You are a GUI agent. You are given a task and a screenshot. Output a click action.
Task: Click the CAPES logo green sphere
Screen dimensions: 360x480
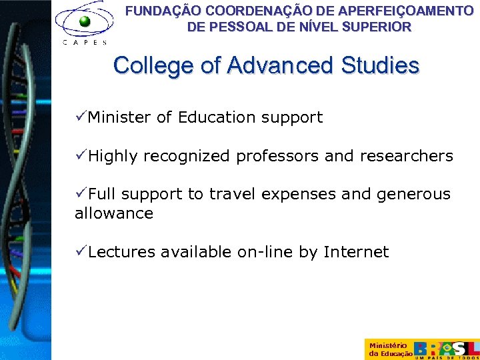85,21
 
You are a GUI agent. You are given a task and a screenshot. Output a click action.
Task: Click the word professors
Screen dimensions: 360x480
278,157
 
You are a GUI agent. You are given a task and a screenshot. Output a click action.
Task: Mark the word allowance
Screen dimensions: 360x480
114,213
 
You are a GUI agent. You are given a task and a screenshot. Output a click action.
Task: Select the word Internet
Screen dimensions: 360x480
356,252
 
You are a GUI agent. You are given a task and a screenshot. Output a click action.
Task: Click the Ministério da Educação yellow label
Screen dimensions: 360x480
389,349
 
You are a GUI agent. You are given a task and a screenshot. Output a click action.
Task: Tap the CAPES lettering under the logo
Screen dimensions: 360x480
84,42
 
